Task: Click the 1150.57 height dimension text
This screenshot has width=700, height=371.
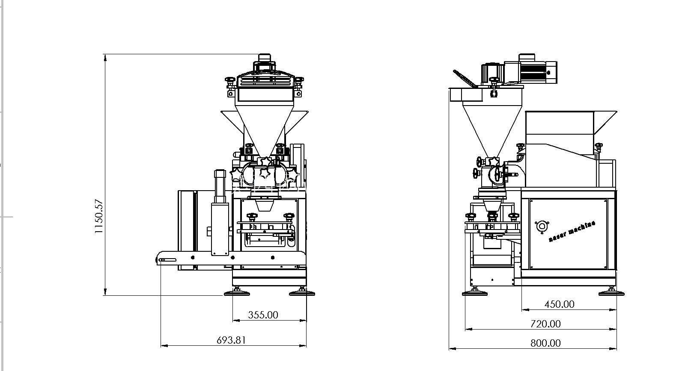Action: (x=99, y=216)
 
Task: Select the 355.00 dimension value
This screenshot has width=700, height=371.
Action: (x=263, y=315)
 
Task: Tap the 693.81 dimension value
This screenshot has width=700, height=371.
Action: (x=231, y=340)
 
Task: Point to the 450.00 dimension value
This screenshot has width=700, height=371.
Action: (x=560, y=304)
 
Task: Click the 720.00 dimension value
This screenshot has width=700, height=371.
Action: (x=545, y=324)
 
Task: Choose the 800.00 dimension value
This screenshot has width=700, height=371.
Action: (x=545, y=343)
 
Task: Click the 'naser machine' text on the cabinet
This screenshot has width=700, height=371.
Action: (x=572, y=231)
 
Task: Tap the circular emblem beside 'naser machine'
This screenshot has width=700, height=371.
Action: (x=542, y=227)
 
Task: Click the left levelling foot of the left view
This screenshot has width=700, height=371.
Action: (x=237, y=292)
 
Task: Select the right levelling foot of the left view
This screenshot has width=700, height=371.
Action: (x=302, y=292)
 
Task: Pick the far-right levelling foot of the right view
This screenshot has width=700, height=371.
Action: (x=611, y=292)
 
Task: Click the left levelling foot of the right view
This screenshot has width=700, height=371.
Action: (x=475, y=292)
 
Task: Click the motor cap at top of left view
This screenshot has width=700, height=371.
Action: (x=265, y=59)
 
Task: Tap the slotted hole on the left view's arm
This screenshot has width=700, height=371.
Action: (x=167, y=260)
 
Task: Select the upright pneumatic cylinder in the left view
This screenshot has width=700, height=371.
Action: (x=220, y=212)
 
